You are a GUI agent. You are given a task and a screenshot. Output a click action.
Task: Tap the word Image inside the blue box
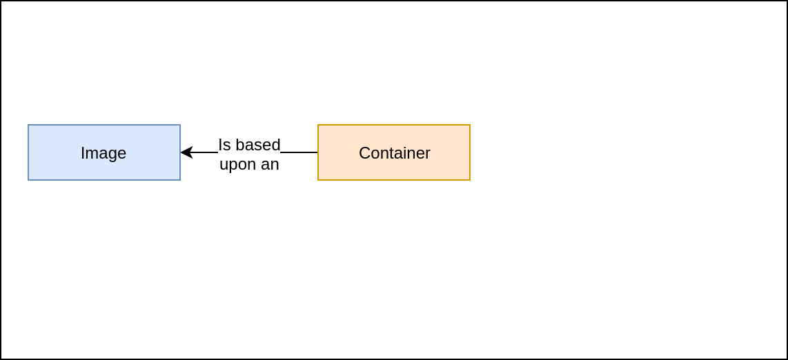pos(104,153)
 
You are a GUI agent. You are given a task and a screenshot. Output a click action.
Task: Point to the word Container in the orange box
pos(394,153)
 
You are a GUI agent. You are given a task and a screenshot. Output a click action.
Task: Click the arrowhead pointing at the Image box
pos(186,152)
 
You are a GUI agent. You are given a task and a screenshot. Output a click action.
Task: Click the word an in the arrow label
pos(270,164)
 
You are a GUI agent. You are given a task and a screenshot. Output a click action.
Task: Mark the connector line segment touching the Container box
pos(299,152)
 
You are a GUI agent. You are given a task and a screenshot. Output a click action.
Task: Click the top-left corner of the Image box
pos(28,125)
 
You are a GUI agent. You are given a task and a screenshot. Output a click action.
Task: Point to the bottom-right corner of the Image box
pos(180,180)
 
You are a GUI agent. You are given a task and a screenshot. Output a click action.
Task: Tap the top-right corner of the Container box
pos(470,125)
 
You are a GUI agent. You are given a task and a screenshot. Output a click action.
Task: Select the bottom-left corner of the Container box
pos(318,180)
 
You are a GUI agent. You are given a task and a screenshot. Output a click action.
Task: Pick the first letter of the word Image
pos(82,153)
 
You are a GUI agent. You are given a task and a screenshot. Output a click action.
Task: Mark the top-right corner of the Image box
pos(180,125)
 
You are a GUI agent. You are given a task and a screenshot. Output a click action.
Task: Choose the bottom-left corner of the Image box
pos(28,180)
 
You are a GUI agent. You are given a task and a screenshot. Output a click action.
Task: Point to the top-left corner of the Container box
pos(318,125)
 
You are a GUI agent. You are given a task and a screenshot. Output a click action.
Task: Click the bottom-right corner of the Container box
pos(470,180)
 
